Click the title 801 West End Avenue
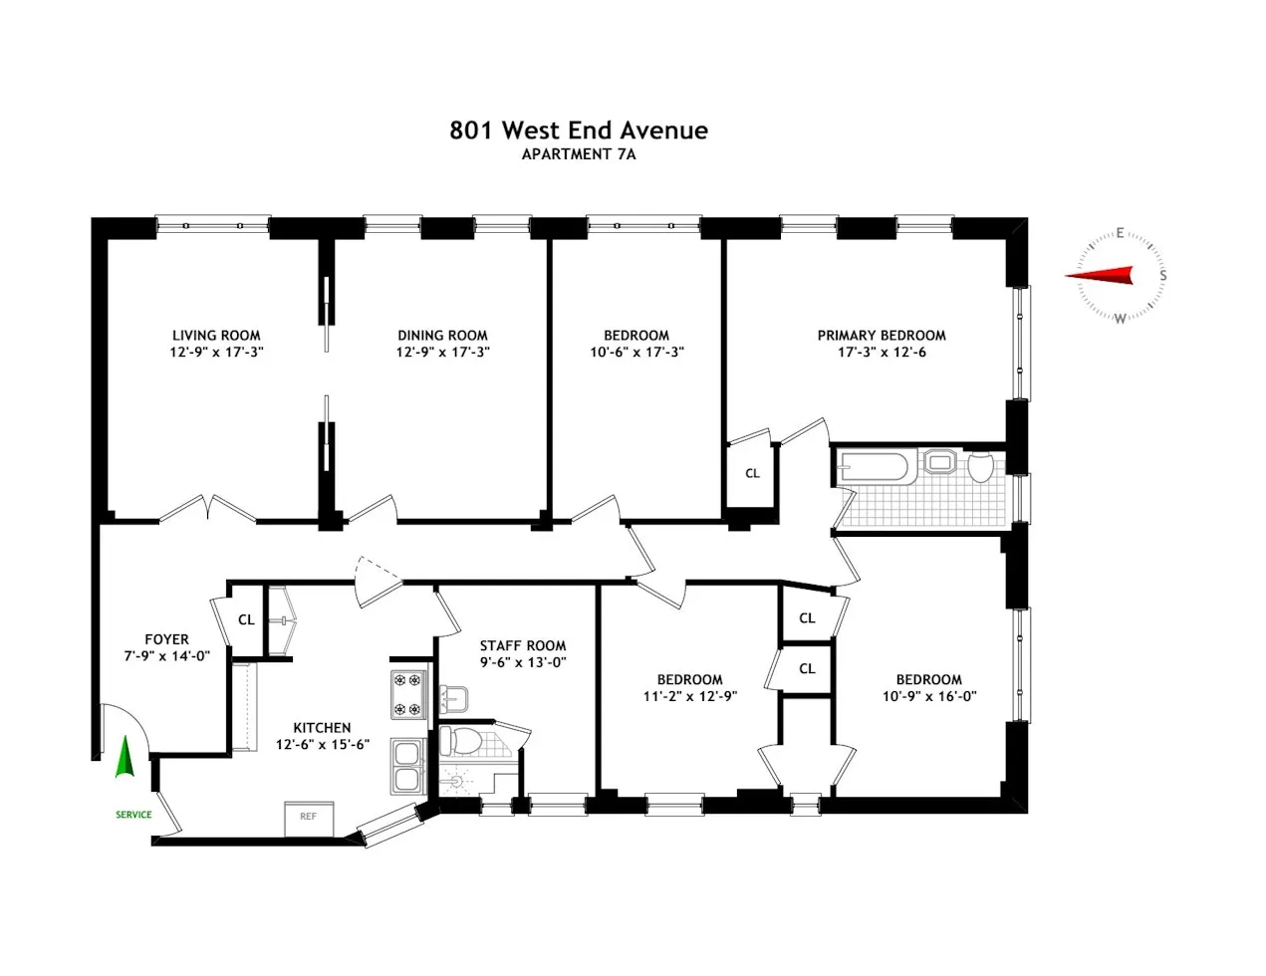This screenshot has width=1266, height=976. (x=579, y=130)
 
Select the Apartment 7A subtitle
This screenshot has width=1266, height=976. (x=579, y=154)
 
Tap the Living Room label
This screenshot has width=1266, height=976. (x=216, y=336)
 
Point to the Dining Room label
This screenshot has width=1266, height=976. (x=442, y=336)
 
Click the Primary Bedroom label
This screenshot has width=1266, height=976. (x=882, y=336)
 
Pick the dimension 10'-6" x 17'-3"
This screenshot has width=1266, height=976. (x=636, y=353)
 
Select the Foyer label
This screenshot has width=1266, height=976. (x=166, y=639)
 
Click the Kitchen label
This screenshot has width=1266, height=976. (x=322, y=728)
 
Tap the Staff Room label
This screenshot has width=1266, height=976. (x=523, y=645)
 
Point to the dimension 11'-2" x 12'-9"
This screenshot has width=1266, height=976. (x=689, y=696)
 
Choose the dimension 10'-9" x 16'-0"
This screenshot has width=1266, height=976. (x=928, y=696)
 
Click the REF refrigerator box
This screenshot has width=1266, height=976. (x=308, y=816)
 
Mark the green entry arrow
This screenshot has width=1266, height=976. (x=125, y=757)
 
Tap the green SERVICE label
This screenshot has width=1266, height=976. (x=133, y=815)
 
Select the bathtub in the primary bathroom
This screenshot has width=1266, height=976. (x=874, y=466)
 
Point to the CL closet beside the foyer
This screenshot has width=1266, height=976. (x=246, y=619)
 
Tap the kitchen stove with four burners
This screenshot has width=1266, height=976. (x=407, y=695)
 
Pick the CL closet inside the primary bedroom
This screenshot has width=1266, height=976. (x=752, y=473)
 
